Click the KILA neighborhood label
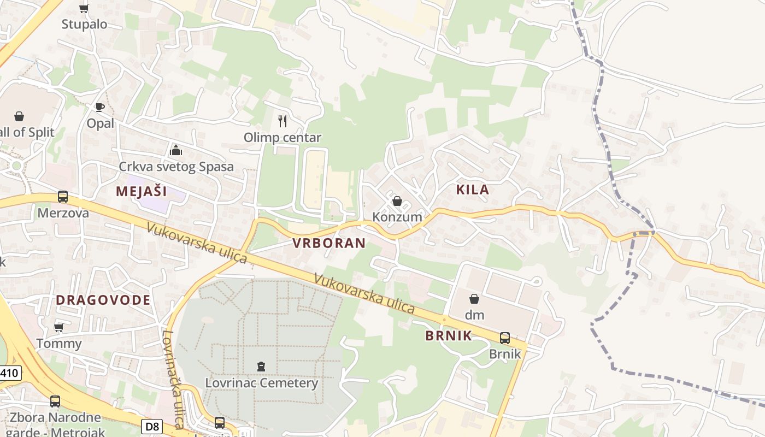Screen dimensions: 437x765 pyautogui.click(x=472, y=190)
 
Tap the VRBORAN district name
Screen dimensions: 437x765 pyautogui.click(x=329, y=243)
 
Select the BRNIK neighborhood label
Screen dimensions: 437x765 pyautogui.click(x=448, y=335)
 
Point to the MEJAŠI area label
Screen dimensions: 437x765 pyautogui.click(x=142, y=191)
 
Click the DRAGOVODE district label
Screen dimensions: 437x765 pyautogui.click(x=103, y=300)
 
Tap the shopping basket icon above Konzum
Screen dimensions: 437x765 pyautogui.click(x=397, y=201)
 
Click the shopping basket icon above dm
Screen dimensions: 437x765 pyautogui.click(x=474, y=299)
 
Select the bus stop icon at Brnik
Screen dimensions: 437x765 pyautogui.click(x=505, y=338)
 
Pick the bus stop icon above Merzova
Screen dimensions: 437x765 pyautogui.click(x=63, y=197)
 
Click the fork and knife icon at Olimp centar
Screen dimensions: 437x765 pyautogui.click(x=283, y=121)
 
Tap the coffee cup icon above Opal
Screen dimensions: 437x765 pyautogui.click(x=99, y=107)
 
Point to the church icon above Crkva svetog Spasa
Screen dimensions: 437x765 pyautogui.click(x=176, y=150)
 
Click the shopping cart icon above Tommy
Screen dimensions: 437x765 pyautogui.click(x=59, y=327)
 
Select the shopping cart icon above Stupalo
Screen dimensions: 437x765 pyautogui.click(x=84, y=8)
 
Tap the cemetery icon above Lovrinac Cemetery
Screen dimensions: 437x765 pyautogui.click(x=261, y=367)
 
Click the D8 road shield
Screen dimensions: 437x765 pyautogui.click(x=151, y=426)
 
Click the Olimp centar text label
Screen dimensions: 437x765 pyautogui.click(x=283, y=137)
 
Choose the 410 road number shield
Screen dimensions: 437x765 pyautogui.click(x=10, y=374)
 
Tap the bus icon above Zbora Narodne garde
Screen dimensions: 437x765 pyautogui.click(x=55, y=401)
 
